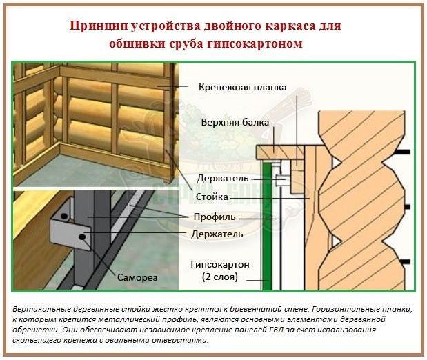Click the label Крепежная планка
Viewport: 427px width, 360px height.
coord(242,88)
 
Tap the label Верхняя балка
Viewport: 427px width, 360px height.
coord(235,122)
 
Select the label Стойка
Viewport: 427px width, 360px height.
coord(212,197)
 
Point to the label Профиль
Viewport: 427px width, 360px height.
coord(215,217)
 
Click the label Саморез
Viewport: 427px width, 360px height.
coord(137,277)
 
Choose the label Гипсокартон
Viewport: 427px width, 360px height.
coord(220,264)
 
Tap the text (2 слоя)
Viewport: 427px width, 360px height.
coord(220,277)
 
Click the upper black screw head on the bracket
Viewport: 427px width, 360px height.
coord(64,217)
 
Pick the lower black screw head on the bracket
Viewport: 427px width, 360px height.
coord(81,237)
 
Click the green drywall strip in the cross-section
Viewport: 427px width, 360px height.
coord(268,227)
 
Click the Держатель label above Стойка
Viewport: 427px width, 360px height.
coord(223,179)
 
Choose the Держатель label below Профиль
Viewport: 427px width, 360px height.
coord(217,234)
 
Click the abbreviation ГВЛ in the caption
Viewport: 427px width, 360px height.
coord(276,330)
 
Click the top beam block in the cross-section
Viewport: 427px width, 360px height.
coord(280,152)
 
